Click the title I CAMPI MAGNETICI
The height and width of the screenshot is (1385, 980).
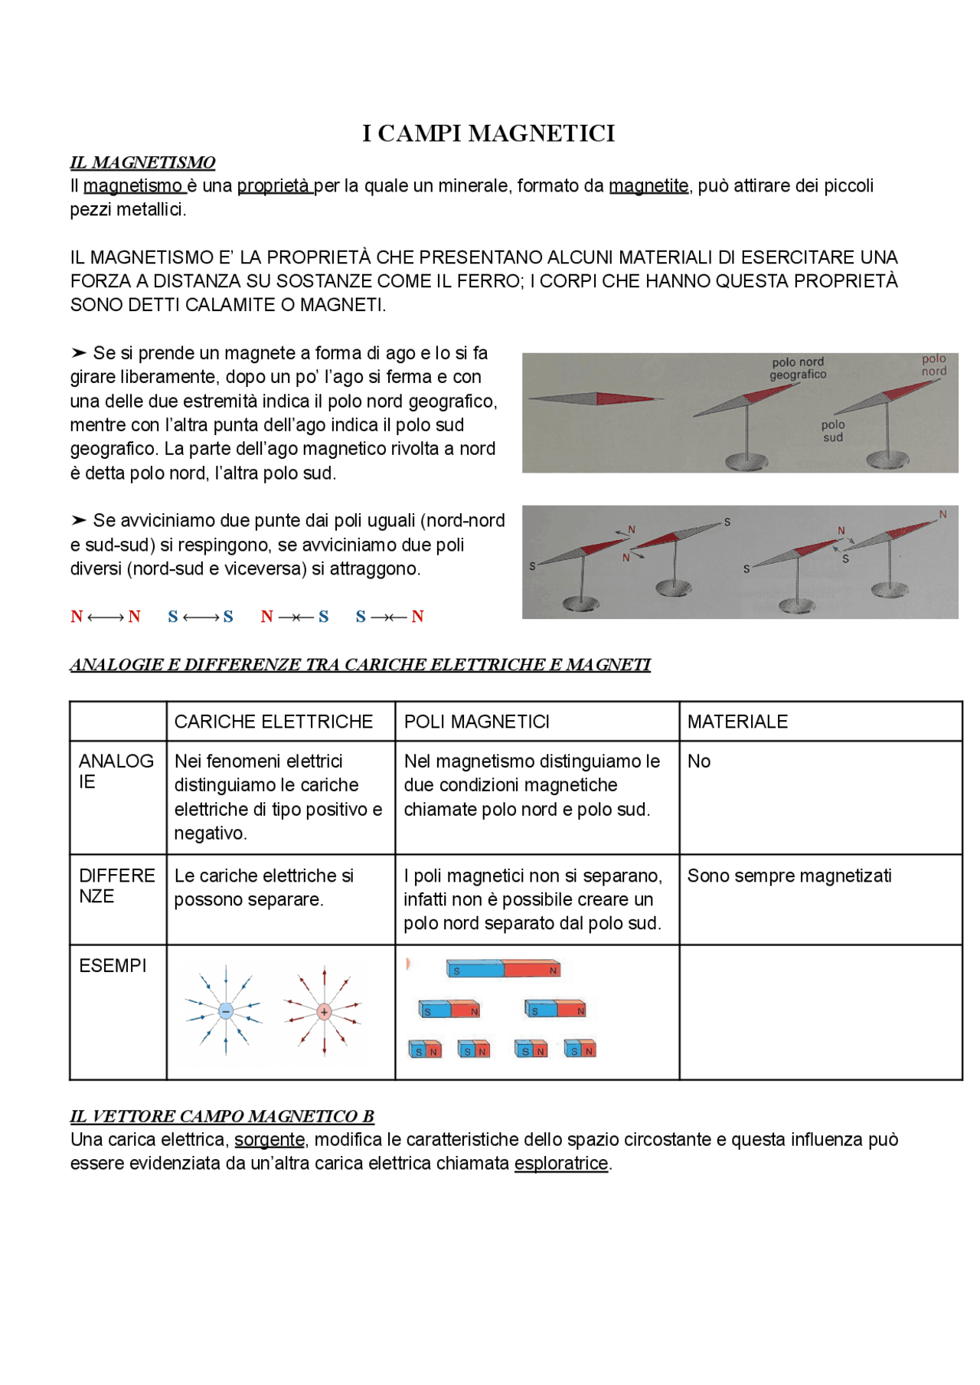point(488,133)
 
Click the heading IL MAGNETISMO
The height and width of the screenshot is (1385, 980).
point(142,162)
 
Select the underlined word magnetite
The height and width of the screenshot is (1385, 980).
point(648,185)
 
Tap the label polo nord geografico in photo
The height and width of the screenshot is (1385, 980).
point(798,368)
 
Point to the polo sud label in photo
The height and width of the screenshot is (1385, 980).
point(833,431)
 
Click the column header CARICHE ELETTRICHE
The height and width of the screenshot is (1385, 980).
point(273,722)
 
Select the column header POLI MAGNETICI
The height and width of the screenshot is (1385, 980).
point(476,722)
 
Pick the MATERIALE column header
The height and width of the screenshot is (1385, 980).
point(737,722)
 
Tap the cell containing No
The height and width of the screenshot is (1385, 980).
point(699,761)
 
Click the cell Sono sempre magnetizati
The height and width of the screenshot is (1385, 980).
point(789,876)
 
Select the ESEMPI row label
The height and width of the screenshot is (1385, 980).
point(113,966)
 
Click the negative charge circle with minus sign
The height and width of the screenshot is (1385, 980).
point(225,1011)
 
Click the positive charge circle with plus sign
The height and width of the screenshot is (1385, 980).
point(324,1012)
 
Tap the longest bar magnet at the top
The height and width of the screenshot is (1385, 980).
point(503,970)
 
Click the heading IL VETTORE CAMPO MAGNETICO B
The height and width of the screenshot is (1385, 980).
point(222,1116)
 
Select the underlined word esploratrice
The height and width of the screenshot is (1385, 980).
point(560,1164)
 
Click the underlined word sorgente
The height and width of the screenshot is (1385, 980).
point(269,1140)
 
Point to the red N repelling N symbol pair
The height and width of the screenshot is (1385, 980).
point(106,617)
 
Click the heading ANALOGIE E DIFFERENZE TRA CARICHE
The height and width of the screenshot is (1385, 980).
point(360,665)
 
